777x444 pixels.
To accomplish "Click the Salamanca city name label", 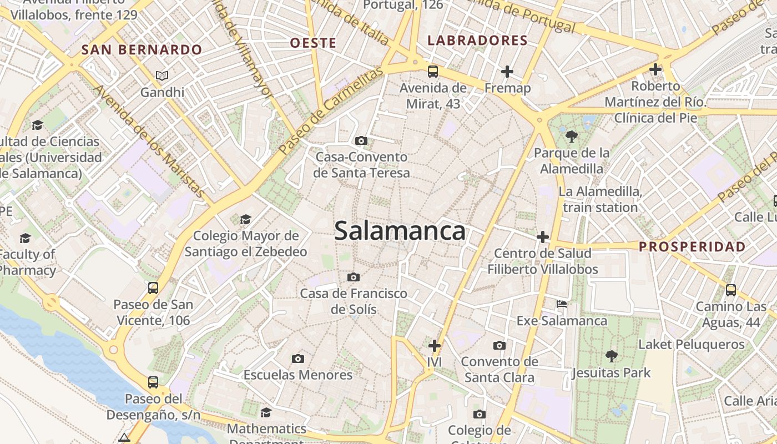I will coord(400,231).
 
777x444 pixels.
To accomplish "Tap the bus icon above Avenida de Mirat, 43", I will coord(433,71).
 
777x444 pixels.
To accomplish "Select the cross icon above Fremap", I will coord(507,72).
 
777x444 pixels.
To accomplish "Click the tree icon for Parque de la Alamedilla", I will coord(571,137).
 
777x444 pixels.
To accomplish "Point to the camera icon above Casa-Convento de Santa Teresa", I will coord(361,141).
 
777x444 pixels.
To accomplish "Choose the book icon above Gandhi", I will coord(162,75).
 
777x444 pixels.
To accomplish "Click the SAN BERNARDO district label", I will coord(142,50).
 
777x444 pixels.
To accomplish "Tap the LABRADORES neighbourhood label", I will coord(477,41).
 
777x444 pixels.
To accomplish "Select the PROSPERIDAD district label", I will coord(692,247).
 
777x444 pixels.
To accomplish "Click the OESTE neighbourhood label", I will coord(313,43).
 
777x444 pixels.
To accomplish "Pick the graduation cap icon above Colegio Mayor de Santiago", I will coord(245,220).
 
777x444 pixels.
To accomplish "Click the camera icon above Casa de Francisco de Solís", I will coord(354,277).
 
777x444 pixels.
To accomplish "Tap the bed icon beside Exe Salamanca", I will coord(562,304).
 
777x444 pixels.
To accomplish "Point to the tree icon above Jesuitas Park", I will coord(611,356).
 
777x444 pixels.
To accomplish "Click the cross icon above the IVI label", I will coord(434,346).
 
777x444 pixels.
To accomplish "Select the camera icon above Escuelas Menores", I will coord(298,359).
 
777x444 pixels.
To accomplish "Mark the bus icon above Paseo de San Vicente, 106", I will coord(153,288).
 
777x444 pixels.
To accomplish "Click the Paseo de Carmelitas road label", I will coord(331,111).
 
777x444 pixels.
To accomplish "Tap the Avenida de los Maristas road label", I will coord(149,141).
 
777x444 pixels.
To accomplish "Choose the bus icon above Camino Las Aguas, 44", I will coord(731,290).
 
